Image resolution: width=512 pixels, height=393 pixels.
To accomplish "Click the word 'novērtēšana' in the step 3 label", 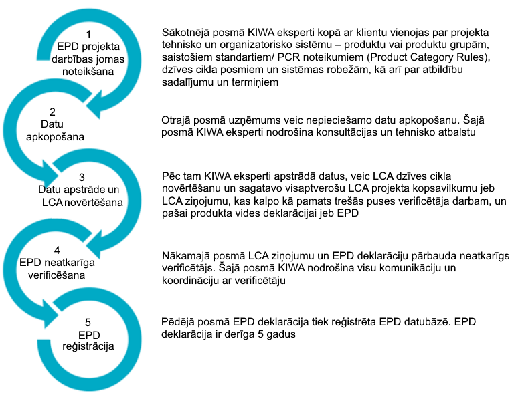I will pos(104,201).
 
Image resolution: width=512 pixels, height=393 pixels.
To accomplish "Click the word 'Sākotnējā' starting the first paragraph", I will pos(187,33).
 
